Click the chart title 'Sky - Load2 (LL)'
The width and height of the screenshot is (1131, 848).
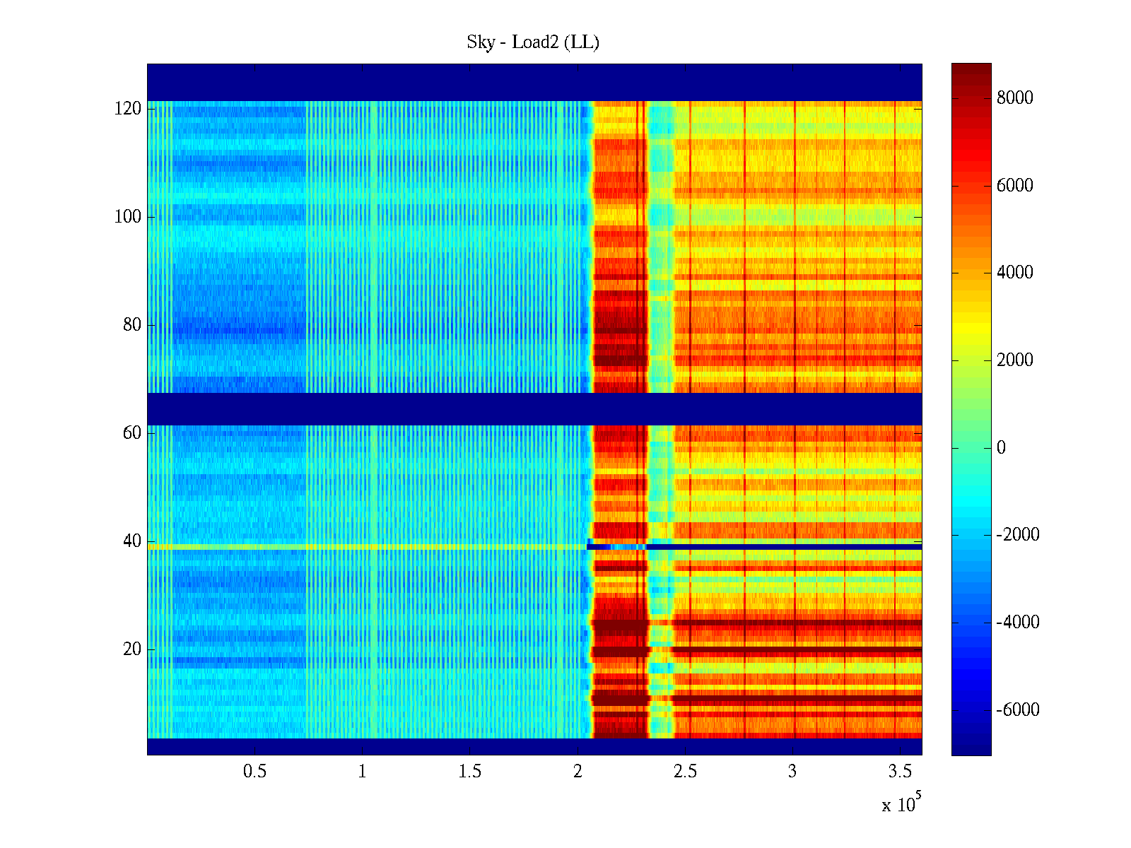click(533, 42)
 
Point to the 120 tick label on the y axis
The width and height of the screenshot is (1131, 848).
click(128, 109)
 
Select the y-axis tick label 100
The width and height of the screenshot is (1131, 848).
click(128, 217)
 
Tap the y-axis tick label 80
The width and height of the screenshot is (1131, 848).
click(132, 325)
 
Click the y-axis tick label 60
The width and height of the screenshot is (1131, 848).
click(132, 433)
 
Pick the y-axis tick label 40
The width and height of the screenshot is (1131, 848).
click(132, 541)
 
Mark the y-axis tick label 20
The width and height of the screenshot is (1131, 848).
click(132, 649)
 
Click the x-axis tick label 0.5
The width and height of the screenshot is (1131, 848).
click(254, 772)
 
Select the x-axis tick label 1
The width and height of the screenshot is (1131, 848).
click(362, 772)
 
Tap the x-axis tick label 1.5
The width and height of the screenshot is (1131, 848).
click(469, 772)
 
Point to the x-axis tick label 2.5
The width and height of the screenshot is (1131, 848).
click(685, 772)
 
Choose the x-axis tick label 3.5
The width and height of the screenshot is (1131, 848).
click(900, 772)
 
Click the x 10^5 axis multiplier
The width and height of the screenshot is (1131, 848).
click(901, 804)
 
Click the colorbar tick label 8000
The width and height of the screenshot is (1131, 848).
click(1015, 98)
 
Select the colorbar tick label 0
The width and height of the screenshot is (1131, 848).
click(1001, 448)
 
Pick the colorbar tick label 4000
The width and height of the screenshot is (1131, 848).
click(1015, 273)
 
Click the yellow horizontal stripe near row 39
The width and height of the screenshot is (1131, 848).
click(353, 547)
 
